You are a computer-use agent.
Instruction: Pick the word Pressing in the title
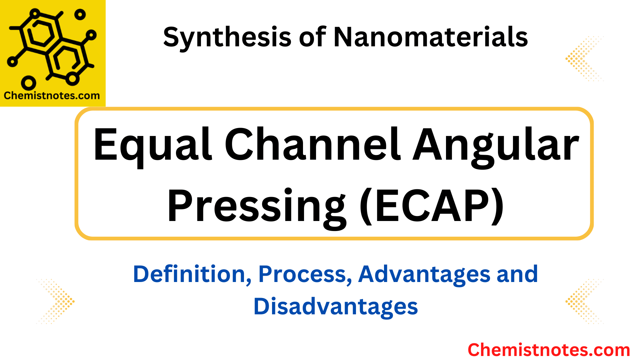[257, 207]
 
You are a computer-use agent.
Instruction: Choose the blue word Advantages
[424, 274]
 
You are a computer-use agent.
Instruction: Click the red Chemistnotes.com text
[549, 350]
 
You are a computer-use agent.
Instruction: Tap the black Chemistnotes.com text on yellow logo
[52, 96]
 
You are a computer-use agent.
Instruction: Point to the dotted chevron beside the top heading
[584, 59]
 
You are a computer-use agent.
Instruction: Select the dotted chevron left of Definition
[56, 302]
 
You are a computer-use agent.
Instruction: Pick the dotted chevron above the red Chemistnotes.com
[584, 302]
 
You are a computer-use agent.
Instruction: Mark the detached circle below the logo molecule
[28, 83]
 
